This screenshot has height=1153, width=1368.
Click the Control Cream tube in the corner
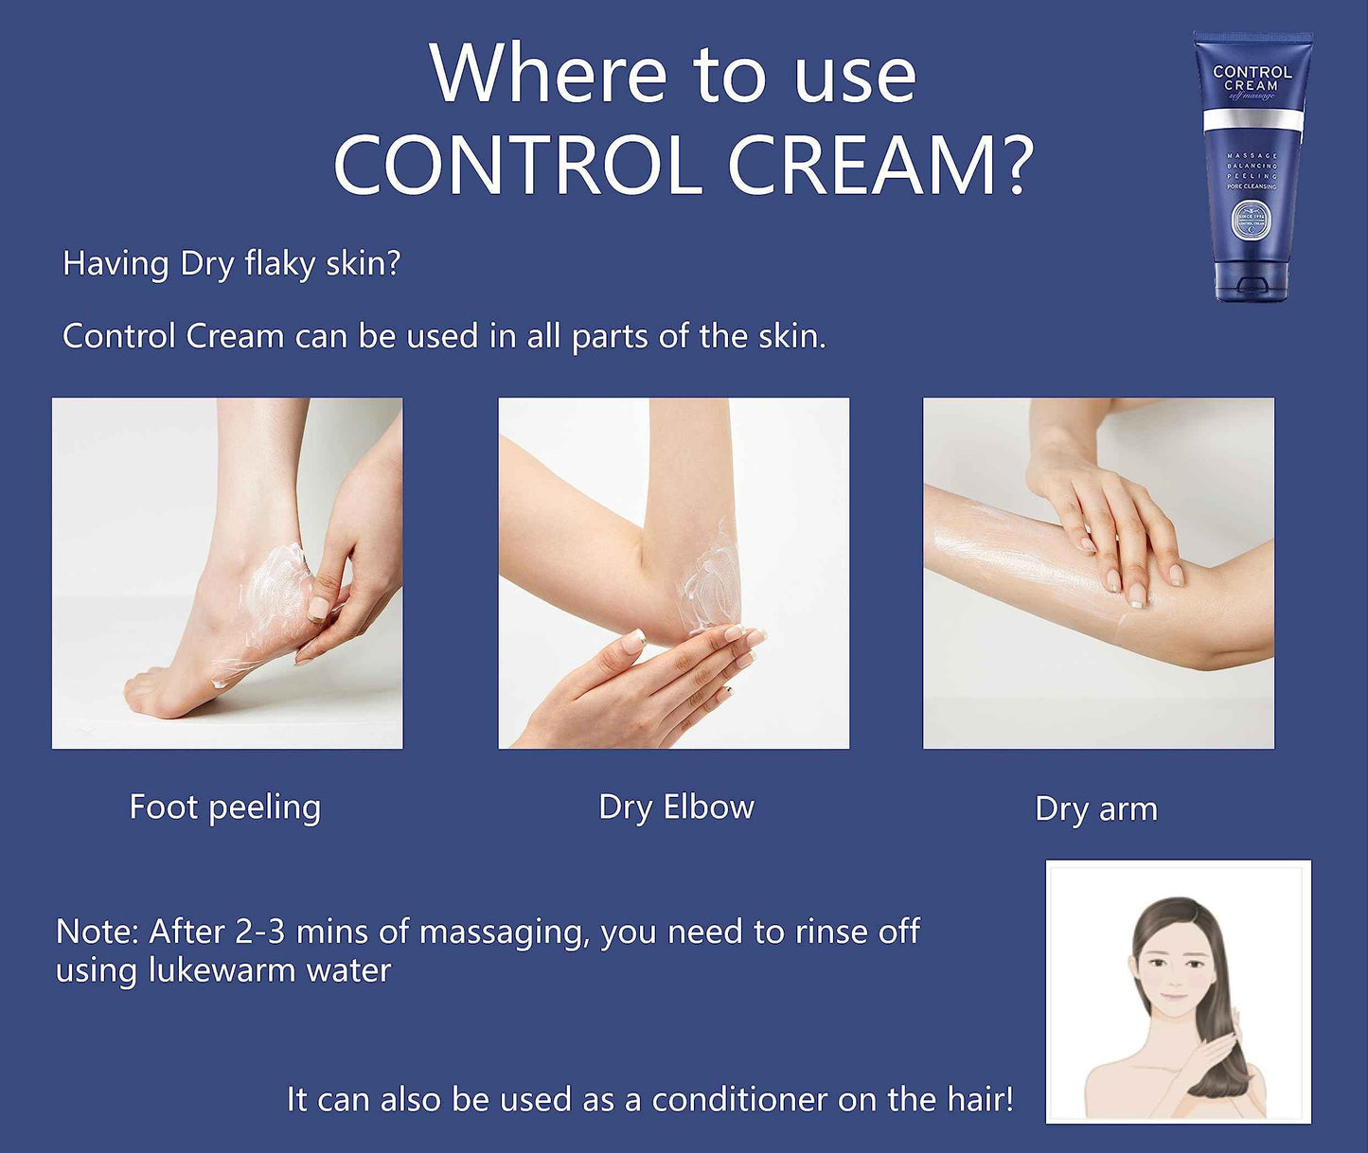[1252, 166]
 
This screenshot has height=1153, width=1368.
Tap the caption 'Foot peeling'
[225, 807]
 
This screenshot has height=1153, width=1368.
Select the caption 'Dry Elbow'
[676, 807]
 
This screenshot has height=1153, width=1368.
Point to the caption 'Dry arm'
[1096, 809]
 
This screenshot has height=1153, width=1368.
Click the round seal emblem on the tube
[1251, 220]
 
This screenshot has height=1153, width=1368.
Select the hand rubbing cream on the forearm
[1108, 521]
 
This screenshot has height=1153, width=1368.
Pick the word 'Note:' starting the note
[97, 931]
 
